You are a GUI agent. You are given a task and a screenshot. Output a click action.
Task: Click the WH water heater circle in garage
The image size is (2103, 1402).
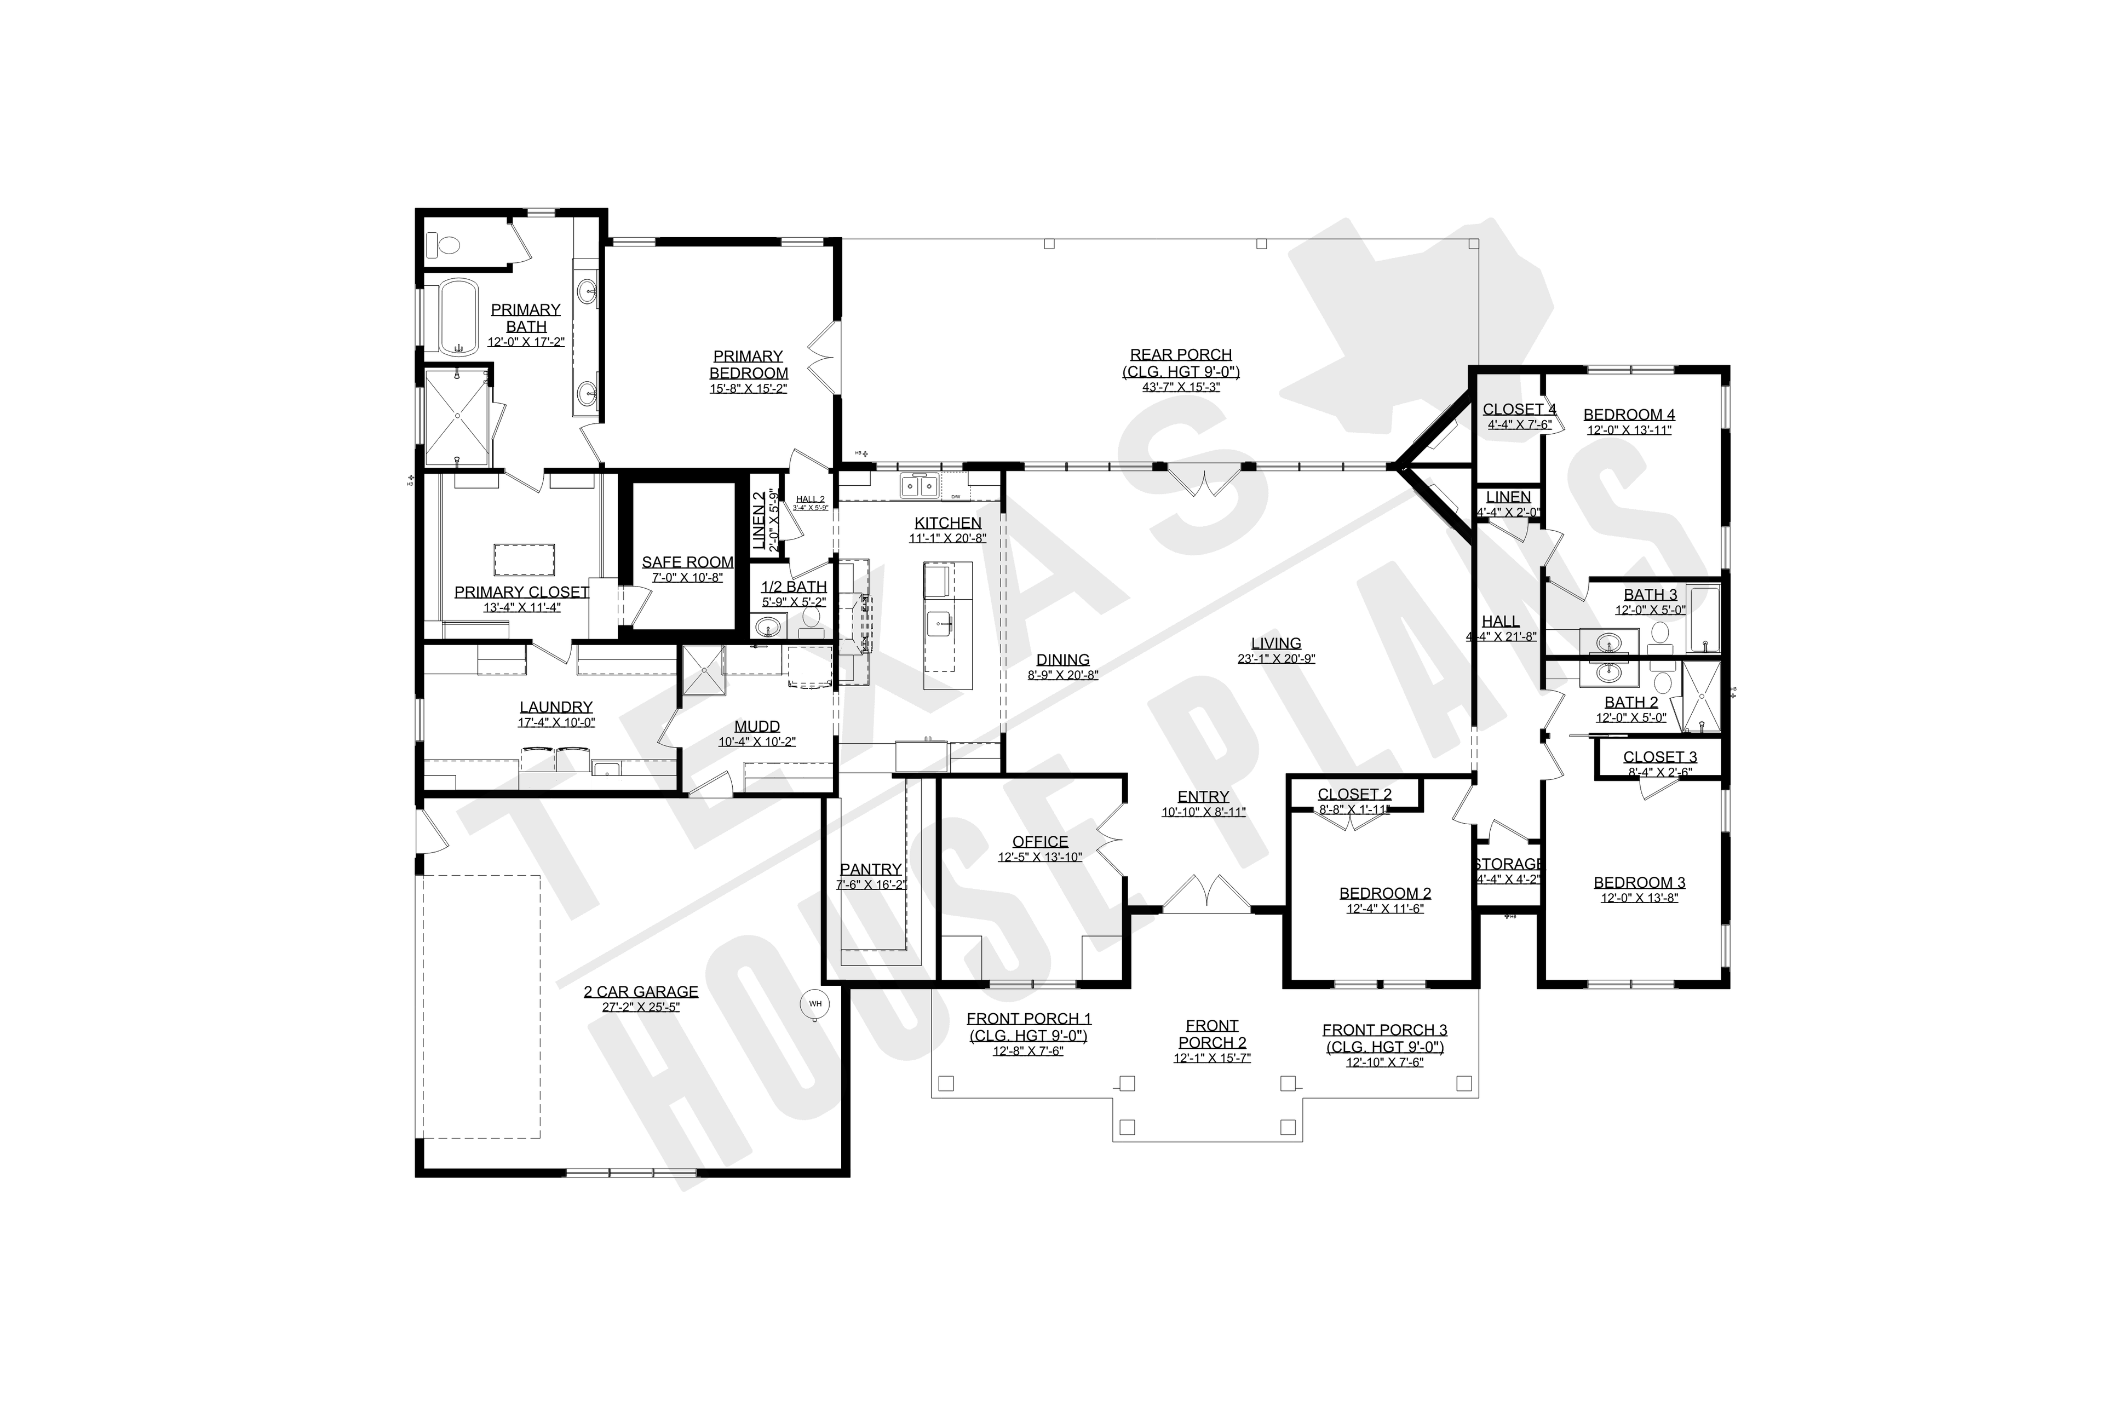pyautogui.click(x=814, y=1004)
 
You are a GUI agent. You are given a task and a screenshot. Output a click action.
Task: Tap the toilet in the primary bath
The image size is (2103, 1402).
pyautogui.click(x=444, y=243)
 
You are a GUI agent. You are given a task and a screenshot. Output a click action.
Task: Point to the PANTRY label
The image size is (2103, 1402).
pyautogui.click(x=870, y=869)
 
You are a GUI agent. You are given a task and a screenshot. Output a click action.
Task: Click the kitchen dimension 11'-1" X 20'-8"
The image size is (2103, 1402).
pyautogui.click(x=948, y=539)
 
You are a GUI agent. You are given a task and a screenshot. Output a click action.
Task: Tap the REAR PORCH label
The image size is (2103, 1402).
pyautogui.click(x=1180, y=355)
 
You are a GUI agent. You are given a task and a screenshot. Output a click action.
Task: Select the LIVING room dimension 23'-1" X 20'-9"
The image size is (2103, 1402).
pyautogui.click(x=1276, y=659)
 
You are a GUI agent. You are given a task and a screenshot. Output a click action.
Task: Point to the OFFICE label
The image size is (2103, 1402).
pyautogui.click(x=1040, y=841)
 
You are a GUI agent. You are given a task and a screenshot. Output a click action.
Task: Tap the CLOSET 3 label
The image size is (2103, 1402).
pyautogui.click(x=1659, y=757)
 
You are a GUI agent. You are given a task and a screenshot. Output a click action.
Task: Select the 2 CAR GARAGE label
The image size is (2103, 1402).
pyautogui.click(x=640, y=992)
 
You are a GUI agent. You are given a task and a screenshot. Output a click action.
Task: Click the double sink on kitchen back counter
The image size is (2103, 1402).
pyautogui.click(x=918, y=486)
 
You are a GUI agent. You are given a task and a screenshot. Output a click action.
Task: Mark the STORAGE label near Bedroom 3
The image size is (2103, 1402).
pyautogui.click(x=1508, y=864)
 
